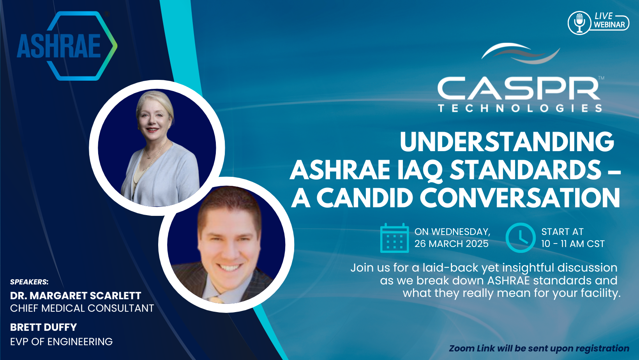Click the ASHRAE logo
click(x=64, y=46)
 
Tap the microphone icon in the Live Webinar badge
click(x=579, y=23)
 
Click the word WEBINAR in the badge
click(x=609, y=25)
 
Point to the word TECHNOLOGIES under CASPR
click(x=520, y=108)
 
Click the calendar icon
click(x=394, y=238)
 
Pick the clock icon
click(x=520, y=238)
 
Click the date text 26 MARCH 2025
click(x=451, y=244)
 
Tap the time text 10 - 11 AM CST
click(x=572, y=244)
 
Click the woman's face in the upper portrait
click(x=155, y=115)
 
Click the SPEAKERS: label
click(x=29, y=282)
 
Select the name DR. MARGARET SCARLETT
click(x=76, y=296)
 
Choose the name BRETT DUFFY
click(x=43, y=327)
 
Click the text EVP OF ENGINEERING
click(x=61, y=342)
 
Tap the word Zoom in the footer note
click(x=461, y=348)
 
